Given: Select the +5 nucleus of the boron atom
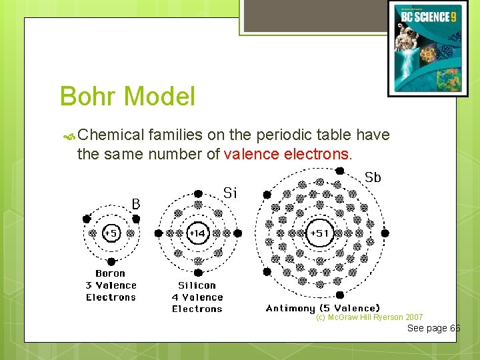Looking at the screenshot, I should click(111, 233).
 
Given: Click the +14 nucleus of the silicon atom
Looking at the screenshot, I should click(197, 233).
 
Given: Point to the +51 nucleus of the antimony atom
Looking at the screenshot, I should click(320, 233).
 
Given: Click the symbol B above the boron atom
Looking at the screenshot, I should click(135, 203).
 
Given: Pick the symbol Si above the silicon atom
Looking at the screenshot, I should click(230, 193).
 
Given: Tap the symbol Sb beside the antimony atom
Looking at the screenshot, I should click(373, 177).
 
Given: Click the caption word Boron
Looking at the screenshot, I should click(110, 273).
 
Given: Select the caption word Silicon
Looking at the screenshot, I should click(197, 285).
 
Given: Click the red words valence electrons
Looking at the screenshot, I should click(287, 155).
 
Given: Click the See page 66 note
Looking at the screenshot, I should click(433, 328).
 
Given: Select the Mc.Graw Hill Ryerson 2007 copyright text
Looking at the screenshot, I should click(369, 317).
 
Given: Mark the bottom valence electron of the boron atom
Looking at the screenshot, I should click(111, 262).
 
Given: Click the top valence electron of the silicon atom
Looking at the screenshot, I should click(198, 193).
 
